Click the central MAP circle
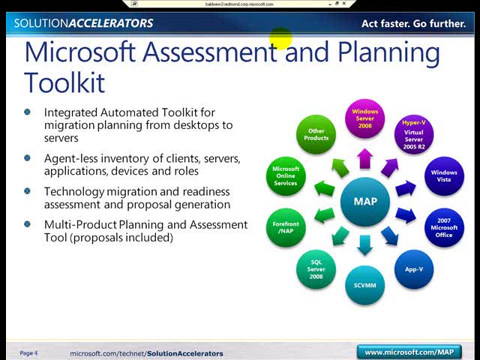click(365, 201)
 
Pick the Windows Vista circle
click(443, 176)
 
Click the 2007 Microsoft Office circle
click(444, 228)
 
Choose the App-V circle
click(414, 269)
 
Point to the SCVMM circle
click(365, 285)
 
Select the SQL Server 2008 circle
click(316, 268)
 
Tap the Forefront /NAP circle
click(286, 227)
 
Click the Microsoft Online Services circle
click(286, 176)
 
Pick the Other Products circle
click(316, 135)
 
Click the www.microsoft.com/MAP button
click(409, 352)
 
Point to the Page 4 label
click(28, 353)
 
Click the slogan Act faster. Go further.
click(413, 23)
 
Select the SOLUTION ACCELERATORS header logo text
click(83, 23)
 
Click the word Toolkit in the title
click(64, 82)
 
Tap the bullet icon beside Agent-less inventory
click(28, 159)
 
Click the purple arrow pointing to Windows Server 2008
click(365, 158)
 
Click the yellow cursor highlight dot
click(280, 38)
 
